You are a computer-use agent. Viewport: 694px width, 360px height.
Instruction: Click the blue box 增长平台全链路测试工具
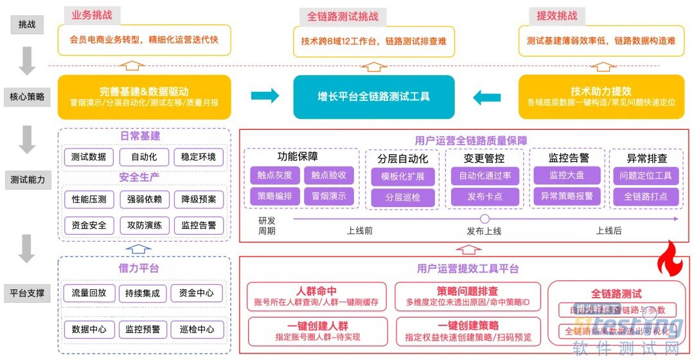pyautogui.click(x=373, y=97)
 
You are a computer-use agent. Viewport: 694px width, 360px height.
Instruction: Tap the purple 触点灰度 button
pyautogui.click(x=274, y=175)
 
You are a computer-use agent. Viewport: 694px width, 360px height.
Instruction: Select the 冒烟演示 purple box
pyautogui.click(x=328, y=196)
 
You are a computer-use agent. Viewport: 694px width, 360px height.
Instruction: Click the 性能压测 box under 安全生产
pyautogui.click(x=89, y=199)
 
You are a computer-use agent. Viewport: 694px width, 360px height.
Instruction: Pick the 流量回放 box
pyautogui.click(x=89, y=293)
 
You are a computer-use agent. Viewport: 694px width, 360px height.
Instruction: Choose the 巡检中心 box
pyautogui.click(x=197, y=329)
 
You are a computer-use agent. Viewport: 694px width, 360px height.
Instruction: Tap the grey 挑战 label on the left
pyautogui.click(x=27, y=24)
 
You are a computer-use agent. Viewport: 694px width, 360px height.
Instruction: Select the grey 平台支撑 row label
pyautogui.click(x=27, y=293)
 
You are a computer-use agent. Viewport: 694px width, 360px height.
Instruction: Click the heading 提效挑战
pyautogui.click(x=556, y=15)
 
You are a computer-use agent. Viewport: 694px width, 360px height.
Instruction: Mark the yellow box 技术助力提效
pyautogui.click(x=600, y=97)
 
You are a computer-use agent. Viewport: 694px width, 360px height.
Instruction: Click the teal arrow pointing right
pyautogui.click(x=265, y=96)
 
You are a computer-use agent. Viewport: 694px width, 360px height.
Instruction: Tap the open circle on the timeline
pyautogui.click(x=485, y=219)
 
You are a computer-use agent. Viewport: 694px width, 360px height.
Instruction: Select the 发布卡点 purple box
pyautogui.click(x=485, y=196)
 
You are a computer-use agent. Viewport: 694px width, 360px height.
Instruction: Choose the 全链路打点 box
pyautogui.click(x=645, y=196)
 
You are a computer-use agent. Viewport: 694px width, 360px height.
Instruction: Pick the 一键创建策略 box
pyautogui.click(x=467, y=331)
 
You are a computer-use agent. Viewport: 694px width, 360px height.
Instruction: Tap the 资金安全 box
pyautogui.click(x=89, y=226)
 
